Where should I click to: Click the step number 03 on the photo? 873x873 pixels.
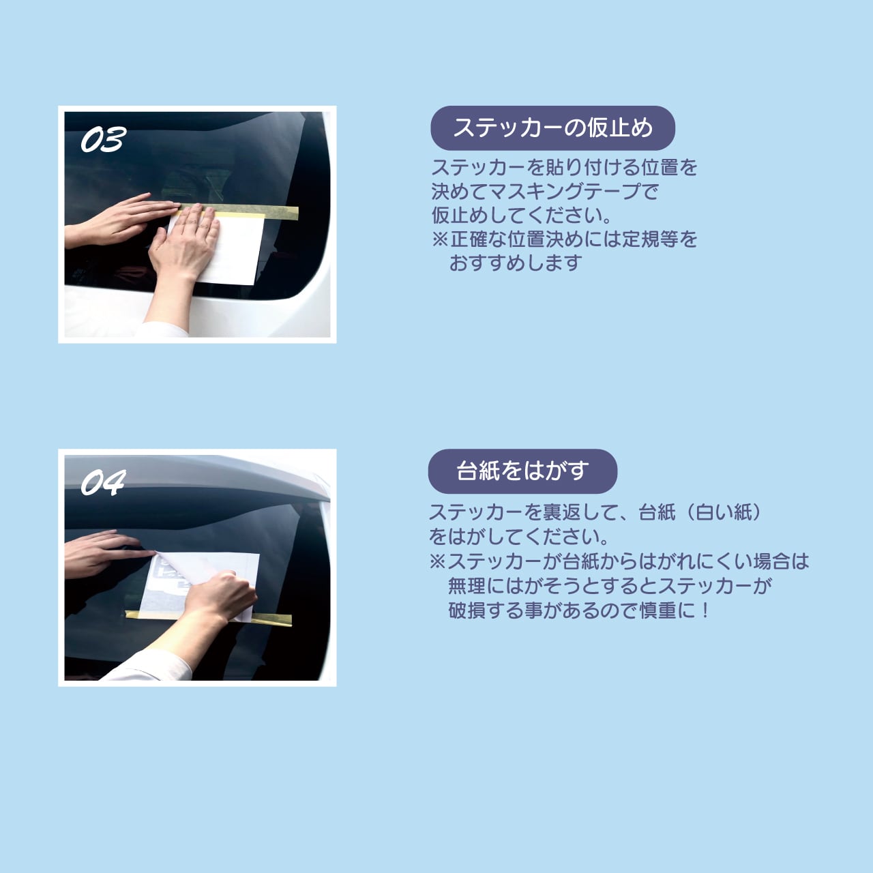coord(103,140)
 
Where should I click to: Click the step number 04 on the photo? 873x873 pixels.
coord(103,483)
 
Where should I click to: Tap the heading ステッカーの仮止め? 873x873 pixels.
coord(552,128)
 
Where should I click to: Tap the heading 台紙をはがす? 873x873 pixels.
coord(522,471)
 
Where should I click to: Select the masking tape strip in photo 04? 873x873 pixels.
coord(273,620)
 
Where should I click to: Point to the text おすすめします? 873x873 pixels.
coord(515,263)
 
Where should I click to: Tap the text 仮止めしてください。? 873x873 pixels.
coord(522,216)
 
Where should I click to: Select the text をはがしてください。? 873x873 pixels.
coord(518,537)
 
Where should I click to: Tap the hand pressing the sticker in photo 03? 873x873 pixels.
coord(188,242)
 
